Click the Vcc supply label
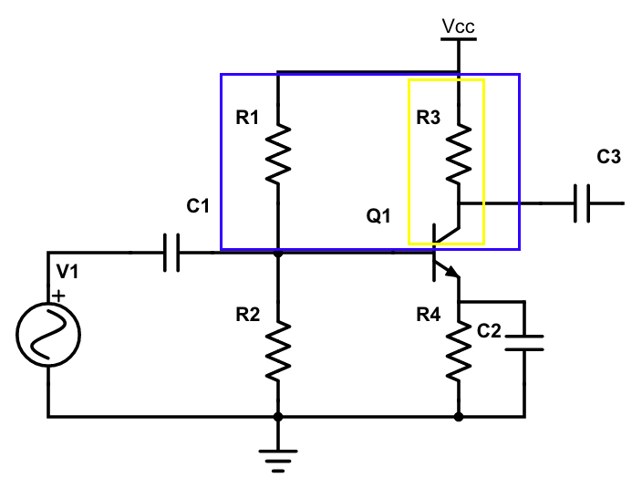coord(458,26)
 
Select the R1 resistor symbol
coord(278,153)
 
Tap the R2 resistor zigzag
coord(278,348)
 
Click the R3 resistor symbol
coord(459,153)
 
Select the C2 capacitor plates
coord(524,343)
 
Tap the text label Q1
coord(378,216)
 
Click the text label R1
coord(247,118)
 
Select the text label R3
coord(429,118)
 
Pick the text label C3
coord(609,157)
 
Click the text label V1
coord(68,271)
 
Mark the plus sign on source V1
coord(59,296)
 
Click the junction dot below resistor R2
coord(278,417)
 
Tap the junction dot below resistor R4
coord(459,417)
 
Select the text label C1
coord(199,206)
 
